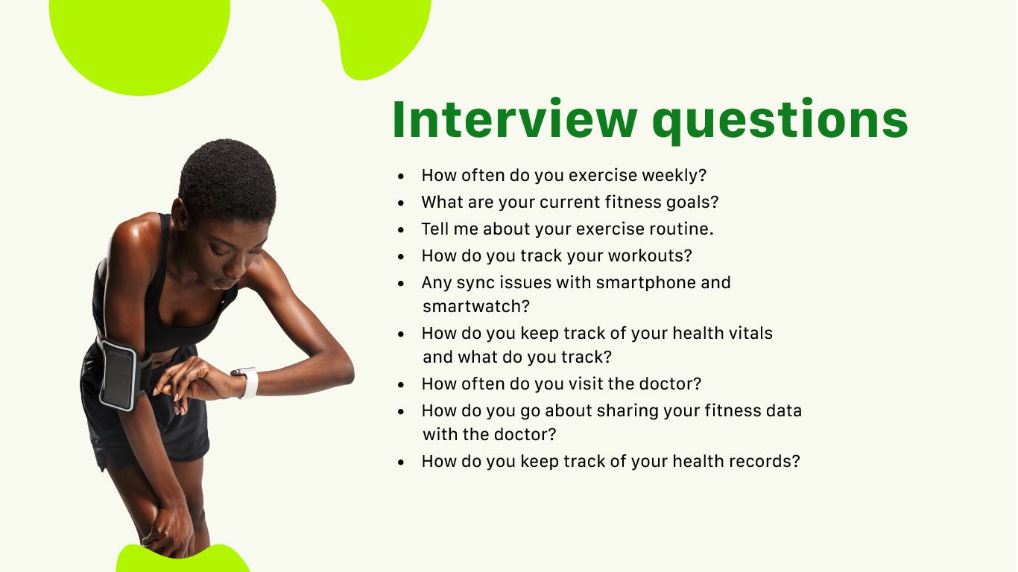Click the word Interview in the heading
514,118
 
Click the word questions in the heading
780,121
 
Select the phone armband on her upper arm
121,375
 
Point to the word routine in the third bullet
681,229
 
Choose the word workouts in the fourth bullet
650,255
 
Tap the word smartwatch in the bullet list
476,307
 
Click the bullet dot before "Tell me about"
400,230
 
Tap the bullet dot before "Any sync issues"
400,284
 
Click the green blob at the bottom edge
183,559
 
